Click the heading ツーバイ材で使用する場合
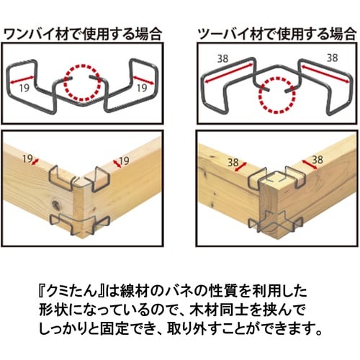(276, 33)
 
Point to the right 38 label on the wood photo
(318, 158)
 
